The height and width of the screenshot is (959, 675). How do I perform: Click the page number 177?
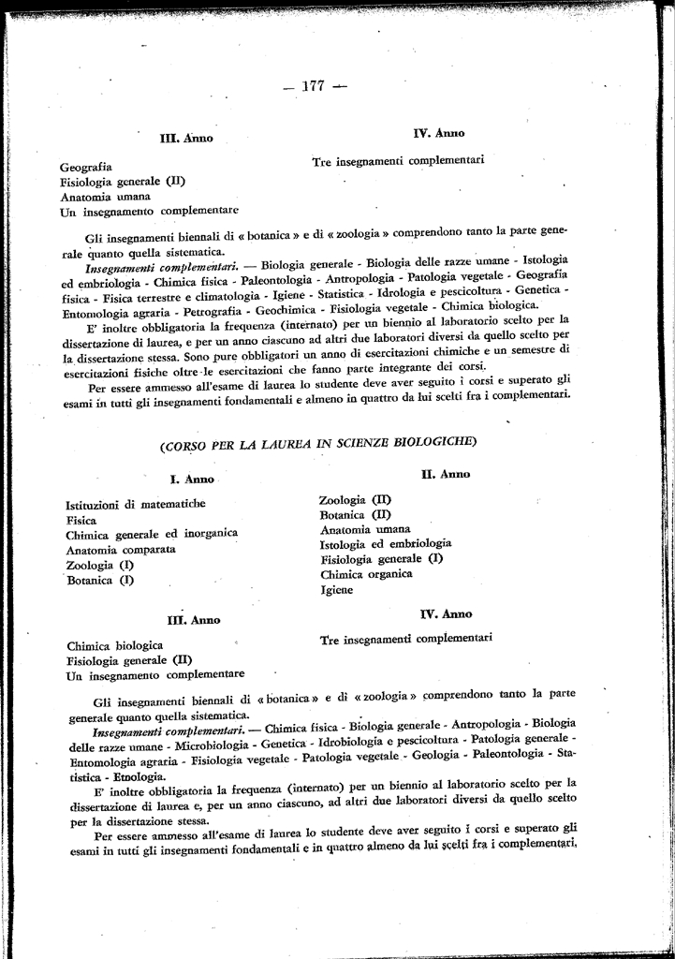[x=313, y=86]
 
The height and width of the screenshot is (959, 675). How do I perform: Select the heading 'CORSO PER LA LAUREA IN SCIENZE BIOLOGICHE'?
[x=318, y=442]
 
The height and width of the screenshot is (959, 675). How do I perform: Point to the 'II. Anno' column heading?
[x=446, y=475]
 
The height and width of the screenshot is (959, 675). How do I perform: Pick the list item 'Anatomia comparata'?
[x=121, y=550]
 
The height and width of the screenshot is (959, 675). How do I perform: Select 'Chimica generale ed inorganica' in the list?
[x=152, y=534]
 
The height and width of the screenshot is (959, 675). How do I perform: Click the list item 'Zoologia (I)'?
[x=100, y=565]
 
